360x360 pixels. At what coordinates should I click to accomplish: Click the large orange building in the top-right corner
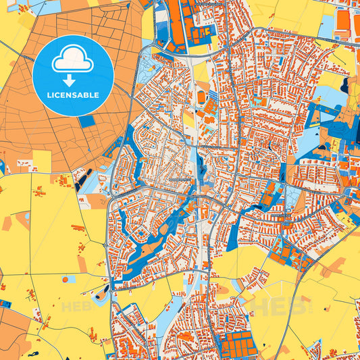[x=343, y=23]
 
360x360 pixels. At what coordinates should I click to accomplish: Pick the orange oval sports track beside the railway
[x=201, y=97]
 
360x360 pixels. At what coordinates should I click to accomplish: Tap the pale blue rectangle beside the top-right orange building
[x=326, y=27]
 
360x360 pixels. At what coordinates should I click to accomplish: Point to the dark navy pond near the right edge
[x=346, y=85]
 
